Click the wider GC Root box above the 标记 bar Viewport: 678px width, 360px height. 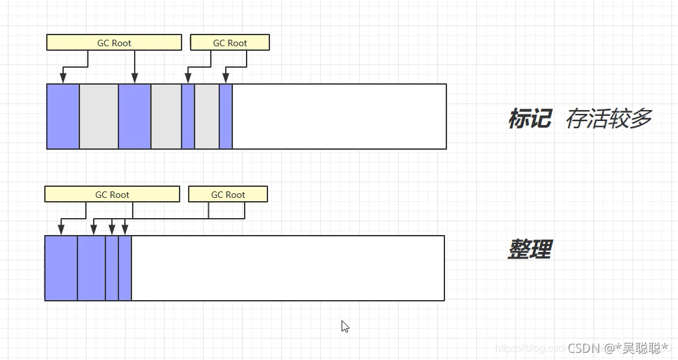click(x=114, y=43)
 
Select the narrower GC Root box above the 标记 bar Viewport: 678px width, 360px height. click(x=230, y=43)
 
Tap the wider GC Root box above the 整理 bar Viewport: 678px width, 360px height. click(x=112, y=194)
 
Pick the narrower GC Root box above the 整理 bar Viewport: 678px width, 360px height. click(x=228, y=194)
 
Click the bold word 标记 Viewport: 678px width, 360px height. click(x=530, y=119)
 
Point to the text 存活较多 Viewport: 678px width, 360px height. click(x=608, y=119)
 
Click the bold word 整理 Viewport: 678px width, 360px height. click(x=530, y=249)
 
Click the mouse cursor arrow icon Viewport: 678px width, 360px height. click(x=345, y=326)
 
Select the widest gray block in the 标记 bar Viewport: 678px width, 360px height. click(x=99, y=117)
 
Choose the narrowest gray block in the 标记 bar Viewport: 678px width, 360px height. click(x=207, y=117)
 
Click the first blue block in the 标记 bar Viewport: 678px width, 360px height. click(x=63, y=117)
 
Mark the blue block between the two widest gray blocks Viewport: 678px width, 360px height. click(x=135, y=117)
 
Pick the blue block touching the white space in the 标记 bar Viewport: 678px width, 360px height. click(x=226, y=117)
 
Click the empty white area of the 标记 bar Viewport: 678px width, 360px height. click(x=338, y=117)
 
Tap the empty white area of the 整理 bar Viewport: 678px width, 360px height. click(x=286, y=268)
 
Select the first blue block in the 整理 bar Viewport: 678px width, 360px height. click(x=61, y=268)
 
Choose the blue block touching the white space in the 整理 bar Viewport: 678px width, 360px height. click(x=125, y=268)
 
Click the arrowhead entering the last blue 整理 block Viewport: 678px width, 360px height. click(x=125, y=230)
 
